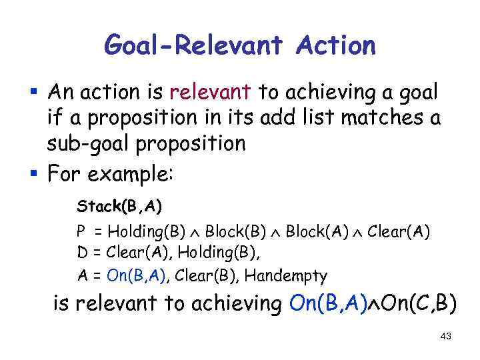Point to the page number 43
coord(446,337)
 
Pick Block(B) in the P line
coord(228,232)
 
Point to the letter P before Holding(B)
coord(80,232)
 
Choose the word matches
coord(384,119)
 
